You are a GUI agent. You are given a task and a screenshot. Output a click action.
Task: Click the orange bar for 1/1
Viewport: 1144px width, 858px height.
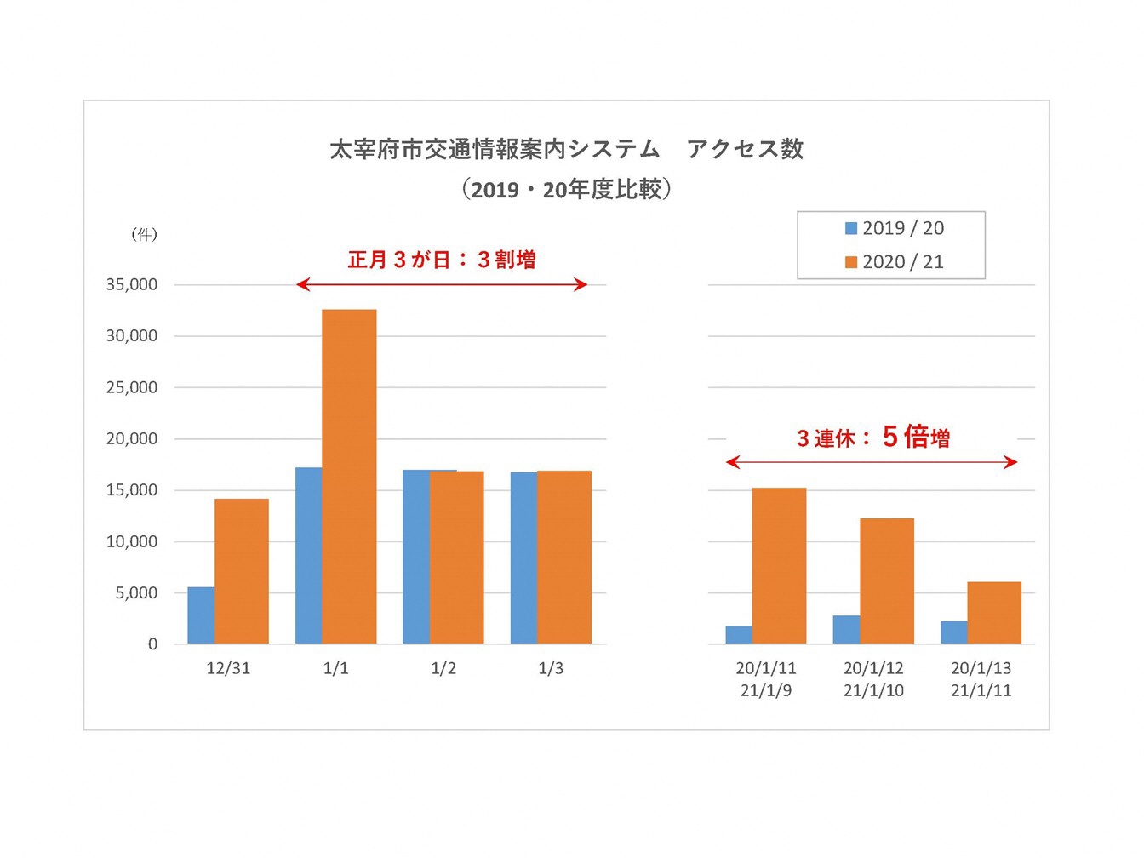click(x=349, y=477)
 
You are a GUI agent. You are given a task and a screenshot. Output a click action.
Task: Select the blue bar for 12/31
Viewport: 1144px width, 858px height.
click(x=201, y=615)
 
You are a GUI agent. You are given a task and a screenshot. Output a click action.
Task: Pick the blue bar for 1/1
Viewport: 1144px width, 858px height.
click(x=308, y=556)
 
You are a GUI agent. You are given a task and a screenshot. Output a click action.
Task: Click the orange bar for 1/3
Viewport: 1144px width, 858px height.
click(x=564, y=558)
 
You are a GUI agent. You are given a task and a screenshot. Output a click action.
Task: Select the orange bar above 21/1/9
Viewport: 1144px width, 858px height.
click(x=779, y=566)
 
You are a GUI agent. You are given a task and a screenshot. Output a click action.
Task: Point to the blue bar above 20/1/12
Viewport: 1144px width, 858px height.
click(x=846, y=630)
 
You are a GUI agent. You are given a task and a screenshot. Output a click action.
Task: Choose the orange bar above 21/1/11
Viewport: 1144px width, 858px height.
click(x=994, y=613)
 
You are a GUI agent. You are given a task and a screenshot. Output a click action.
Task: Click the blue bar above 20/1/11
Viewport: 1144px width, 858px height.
click(x=739, y=635)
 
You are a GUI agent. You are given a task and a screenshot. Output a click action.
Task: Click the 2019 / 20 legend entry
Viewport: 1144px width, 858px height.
click(x=895, y=228)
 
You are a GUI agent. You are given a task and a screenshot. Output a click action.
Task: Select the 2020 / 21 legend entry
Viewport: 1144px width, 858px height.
click(x=895, y=262)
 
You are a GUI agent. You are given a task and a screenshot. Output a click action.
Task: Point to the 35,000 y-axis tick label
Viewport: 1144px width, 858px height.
click(x=132, y=285)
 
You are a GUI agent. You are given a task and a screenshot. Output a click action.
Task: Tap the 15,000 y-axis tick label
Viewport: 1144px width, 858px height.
click(x=132, y=490)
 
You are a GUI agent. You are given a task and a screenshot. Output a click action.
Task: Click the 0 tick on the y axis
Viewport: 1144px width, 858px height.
click(x=152, y=644)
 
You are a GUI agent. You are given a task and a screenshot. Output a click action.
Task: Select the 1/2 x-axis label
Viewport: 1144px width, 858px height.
click(x=443, y=668)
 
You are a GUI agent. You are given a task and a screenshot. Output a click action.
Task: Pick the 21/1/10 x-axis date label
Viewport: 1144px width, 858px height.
click(x=873, y=690)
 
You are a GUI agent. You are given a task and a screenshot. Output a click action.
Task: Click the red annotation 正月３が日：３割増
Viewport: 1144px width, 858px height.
click(x=442, y=260)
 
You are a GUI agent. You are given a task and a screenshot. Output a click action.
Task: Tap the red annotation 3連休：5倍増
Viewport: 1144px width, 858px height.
click(x=872, y=438)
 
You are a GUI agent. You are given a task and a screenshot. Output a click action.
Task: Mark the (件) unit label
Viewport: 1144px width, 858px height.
click(x=144, y=234)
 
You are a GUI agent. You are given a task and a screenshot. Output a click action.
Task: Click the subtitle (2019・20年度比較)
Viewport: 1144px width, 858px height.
click(x=567, y=189)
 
